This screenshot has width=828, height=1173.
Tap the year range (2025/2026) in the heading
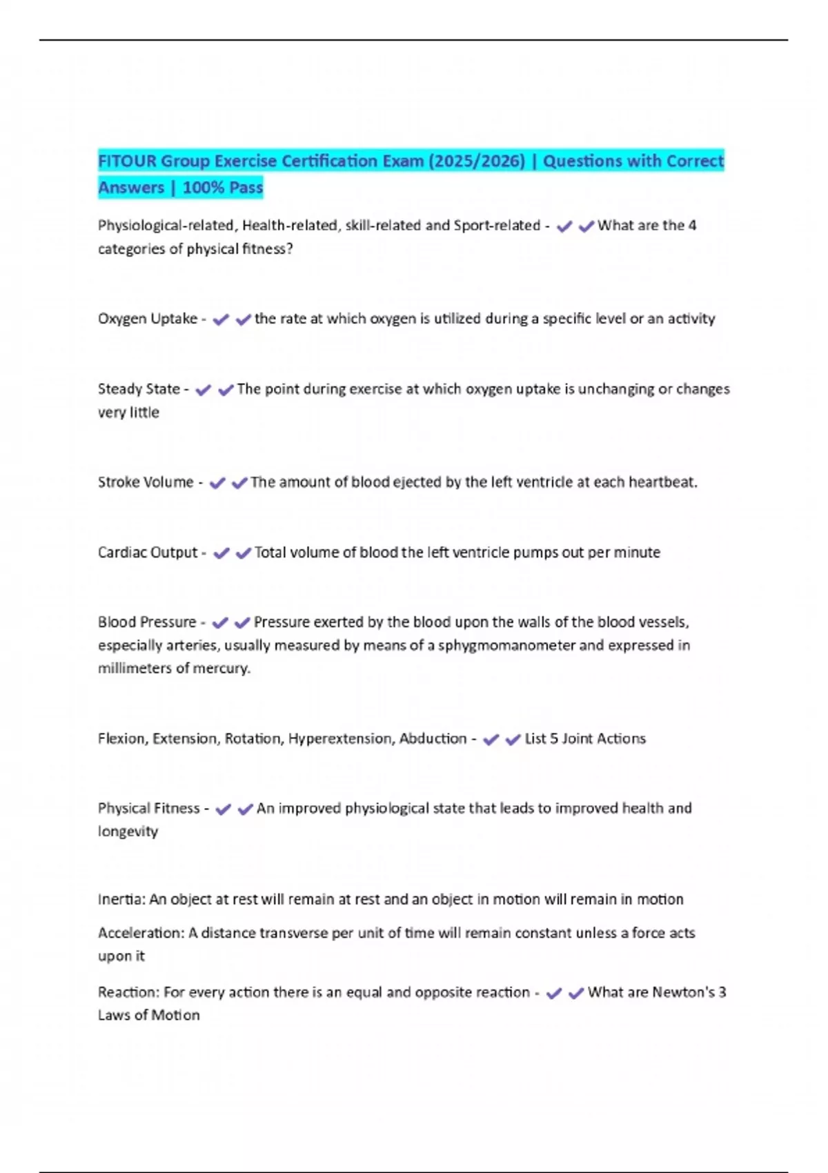click(x=477, y=161)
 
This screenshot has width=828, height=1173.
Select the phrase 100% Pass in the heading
click(x=222, y=188)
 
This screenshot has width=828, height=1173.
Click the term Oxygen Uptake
click(x=148, y=319)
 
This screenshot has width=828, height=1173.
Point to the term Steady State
click(x=139, y=389)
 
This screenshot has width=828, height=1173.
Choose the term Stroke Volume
click(x=146, y=482)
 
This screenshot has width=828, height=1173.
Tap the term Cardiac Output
click(x=148, y=553)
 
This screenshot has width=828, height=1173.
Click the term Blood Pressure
click(x=147, y=622)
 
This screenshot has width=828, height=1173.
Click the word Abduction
click(x=433, y=739)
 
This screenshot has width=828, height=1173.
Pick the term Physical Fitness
click(x=148, y=809)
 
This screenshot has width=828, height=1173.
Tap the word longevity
click(x=128, y=831)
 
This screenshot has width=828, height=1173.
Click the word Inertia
click(x=121, y=900)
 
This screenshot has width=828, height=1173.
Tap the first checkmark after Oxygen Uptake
click(x=221, y=319)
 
